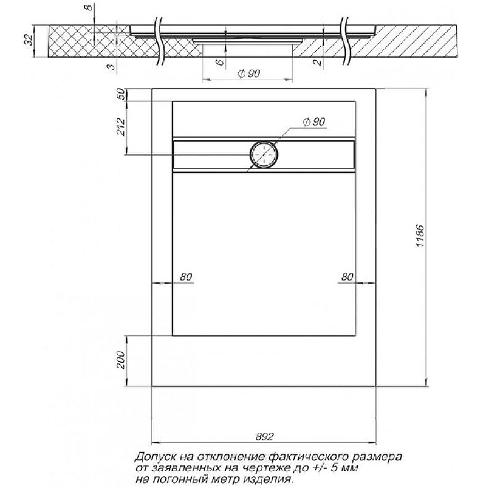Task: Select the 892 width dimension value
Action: click(265, 436)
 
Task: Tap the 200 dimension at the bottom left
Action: click(120, 360)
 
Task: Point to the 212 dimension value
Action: click(120, 127)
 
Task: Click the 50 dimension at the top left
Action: click(122, 94)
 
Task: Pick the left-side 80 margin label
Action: click(186, 277)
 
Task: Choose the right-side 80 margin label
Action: click(347, 277)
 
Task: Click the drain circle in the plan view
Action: click(264, 154)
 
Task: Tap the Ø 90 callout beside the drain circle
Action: click(313, 122)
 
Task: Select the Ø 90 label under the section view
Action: click(248, 74)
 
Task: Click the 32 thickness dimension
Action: click(29, 40)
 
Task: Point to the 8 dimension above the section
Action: click(89, 7)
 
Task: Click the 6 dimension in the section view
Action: click(219, 62)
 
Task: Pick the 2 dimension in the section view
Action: click(317, 63)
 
